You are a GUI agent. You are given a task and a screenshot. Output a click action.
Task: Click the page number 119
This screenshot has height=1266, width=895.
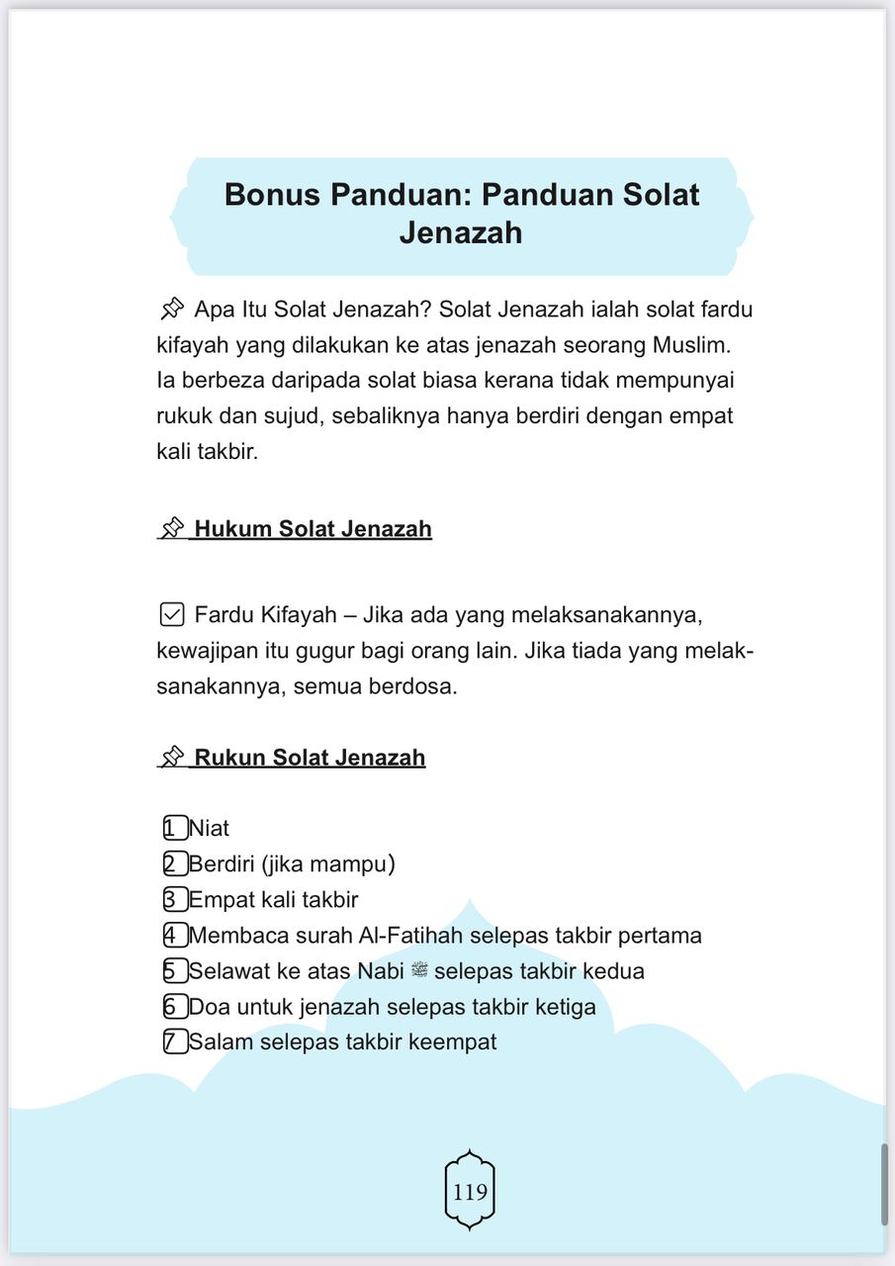(x=470, y=1192)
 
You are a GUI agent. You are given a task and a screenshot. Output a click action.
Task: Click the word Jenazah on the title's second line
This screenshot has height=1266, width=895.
(x=461, y=232)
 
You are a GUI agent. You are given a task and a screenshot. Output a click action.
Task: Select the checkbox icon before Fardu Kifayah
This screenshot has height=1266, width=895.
(x=171, y=615)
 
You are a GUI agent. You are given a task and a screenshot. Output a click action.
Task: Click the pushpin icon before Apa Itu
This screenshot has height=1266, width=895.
(x=171, y=310)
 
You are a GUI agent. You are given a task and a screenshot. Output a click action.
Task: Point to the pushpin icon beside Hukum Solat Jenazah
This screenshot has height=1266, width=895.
(x=173, y=529)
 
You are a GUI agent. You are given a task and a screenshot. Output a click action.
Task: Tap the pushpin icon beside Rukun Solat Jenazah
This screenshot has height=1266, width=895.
(x=173, y=758)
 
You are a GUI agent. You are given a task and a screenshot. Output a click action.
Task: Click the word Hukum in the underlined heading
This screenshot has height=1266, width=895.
(x=233, y=529)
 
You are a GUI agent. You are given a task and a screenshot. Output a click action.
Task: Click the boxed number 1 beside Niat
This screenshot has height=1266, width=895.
(x=175, y=828)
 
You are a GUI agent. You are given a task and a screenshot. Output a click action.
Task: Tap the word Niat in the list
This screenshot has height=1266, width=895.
(x=210, y=828)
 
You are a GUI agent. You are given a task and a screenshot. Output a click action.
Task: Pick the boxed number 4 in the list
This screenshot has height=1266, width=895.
(x=175, y=935)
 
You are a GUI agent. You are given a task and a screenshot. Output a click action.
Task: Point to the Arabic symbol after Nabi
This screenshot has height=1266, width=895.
(x=419, y=970)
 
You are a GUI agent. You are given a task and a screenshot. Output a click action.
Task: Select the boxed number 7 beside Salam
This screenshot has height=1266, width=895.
(x=175, y=1041)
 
